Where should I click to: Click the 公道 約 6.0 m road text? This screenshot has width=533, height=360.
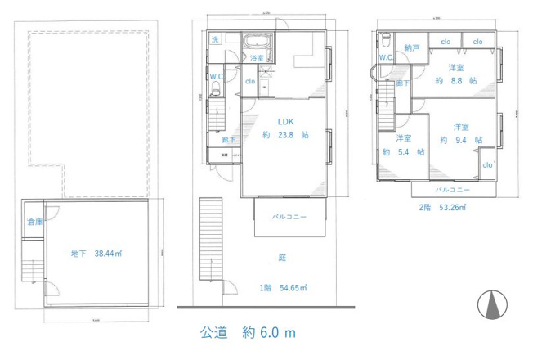[x=247, y=333]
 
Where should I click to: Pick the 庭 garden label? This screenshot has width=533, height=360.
[x=282, y=257]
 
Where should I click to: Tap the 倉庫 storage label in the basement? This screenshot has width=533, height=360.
[x=34, y=222]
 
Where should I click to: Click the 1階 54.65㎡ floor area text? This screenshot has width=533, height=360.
[x=283, y=288]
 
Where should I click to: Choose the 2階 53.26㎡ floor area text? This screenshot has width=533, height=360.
[x=441, y=208]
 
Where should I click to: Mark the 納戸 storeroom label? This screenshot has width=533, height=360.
[x=411, y=47]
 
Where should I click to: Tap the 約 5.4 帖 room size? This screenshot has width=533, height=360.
[x=404, y=151]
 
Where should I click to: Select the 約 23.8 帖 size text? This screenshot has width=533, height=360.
[x=281, y=134]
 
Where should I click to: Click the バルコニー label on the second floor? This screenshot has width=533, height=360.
[x=451, y=189]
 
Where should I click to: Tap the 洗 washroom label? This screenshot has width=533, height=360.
[x=215, y=40]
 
